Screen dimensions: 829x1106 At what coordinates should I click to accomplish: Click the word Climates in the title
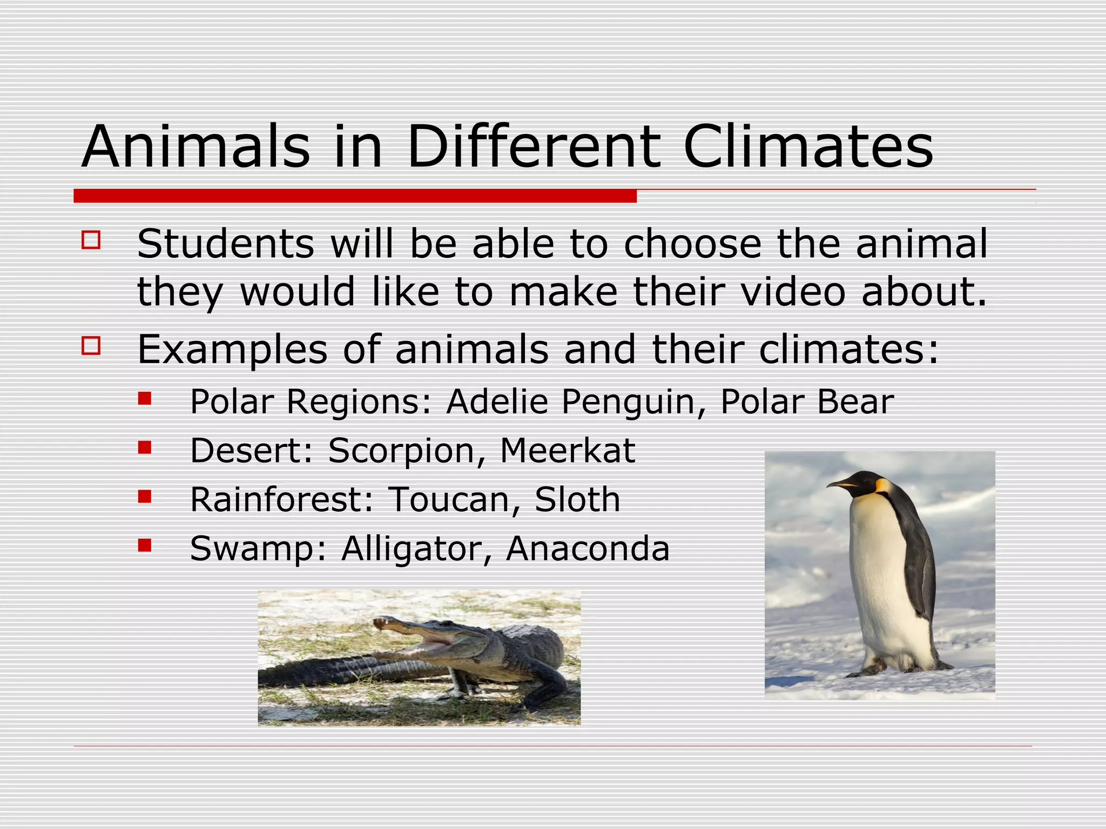pyautogui.click(x=808, y=147)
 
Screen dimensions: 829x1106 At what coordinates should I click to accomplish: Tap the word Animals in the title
pyautogui.click(x=196, y=147)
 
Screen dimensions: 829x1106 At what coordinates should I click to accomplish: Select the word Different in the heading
pyautogui.click(x=534, y=147)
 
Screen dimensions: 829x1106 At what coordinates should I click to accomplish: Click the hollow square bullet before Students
pyautogui.click(x=91, y=240)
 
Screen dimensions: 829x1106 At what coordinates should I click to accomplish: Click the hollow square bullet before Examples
pyautogui.click(x=91, y=345)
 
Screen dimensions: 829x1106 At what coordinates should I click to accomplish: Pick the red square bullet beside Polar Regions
pyautogui.click(x=144, y=398)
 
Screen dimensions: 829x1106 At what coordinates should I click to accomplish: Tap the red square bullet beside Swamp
pyautogui.click(x=144, y=545)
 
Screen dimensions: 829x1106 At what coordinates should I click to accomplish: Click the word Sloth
pyautogui.click(x=577, y=499)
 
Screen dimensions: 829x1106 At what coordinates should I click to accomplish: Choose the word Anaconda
pyautogui.click(x=588, y=548)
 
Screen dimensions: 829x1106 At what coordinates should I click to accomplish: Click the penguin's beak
pyautogui.click(x=842, y=484)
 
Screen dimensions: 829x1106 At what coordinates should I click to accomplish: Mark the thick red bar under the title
pyautogui.click(x=355, y=196)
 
